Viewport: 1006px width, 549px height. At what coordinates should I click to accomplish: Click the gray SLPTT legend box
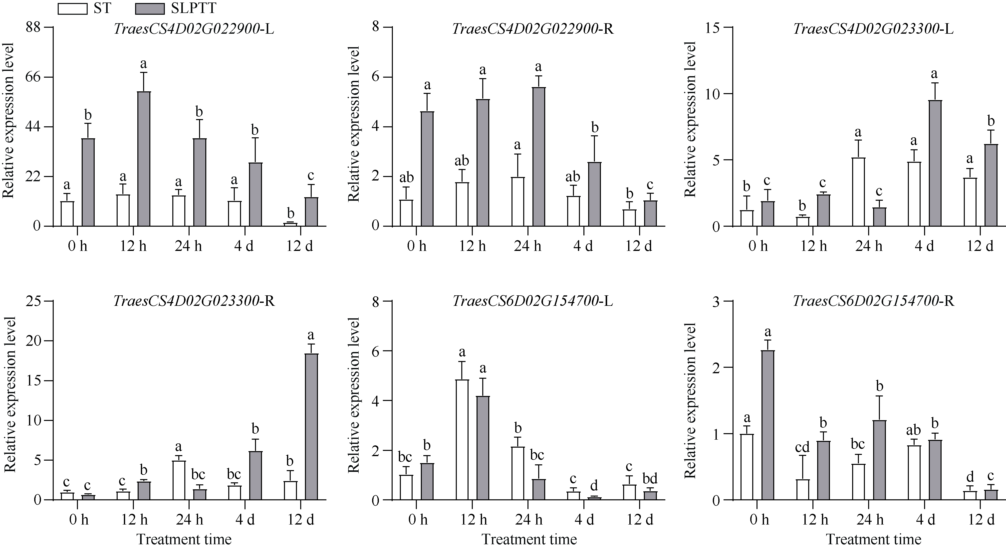(150, 8)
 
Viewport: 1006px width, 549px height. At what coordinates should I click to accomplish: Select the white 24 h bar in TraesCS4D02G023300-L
(858, 192)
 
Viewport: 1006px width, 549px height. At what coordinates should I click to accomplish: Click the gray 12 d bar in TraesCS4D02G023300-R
(311, 426)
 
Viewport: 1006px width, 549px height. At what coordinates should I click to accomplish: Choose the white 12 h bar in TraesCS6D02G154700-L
(462, 440)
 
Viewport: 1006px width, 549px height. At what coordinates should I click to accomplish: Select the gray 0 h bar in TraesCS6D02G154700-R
(768, 425)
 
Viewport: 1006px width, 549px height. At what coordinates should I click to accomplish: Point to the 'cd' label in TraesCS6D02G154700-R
(802, 447)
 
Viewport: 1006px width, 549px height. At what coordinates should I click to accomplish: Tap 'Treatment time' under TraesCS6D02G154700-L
(529, 540)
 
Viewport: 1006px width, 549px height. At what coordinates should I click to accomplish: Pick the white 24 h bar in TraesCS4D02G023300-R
(179, 480)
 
